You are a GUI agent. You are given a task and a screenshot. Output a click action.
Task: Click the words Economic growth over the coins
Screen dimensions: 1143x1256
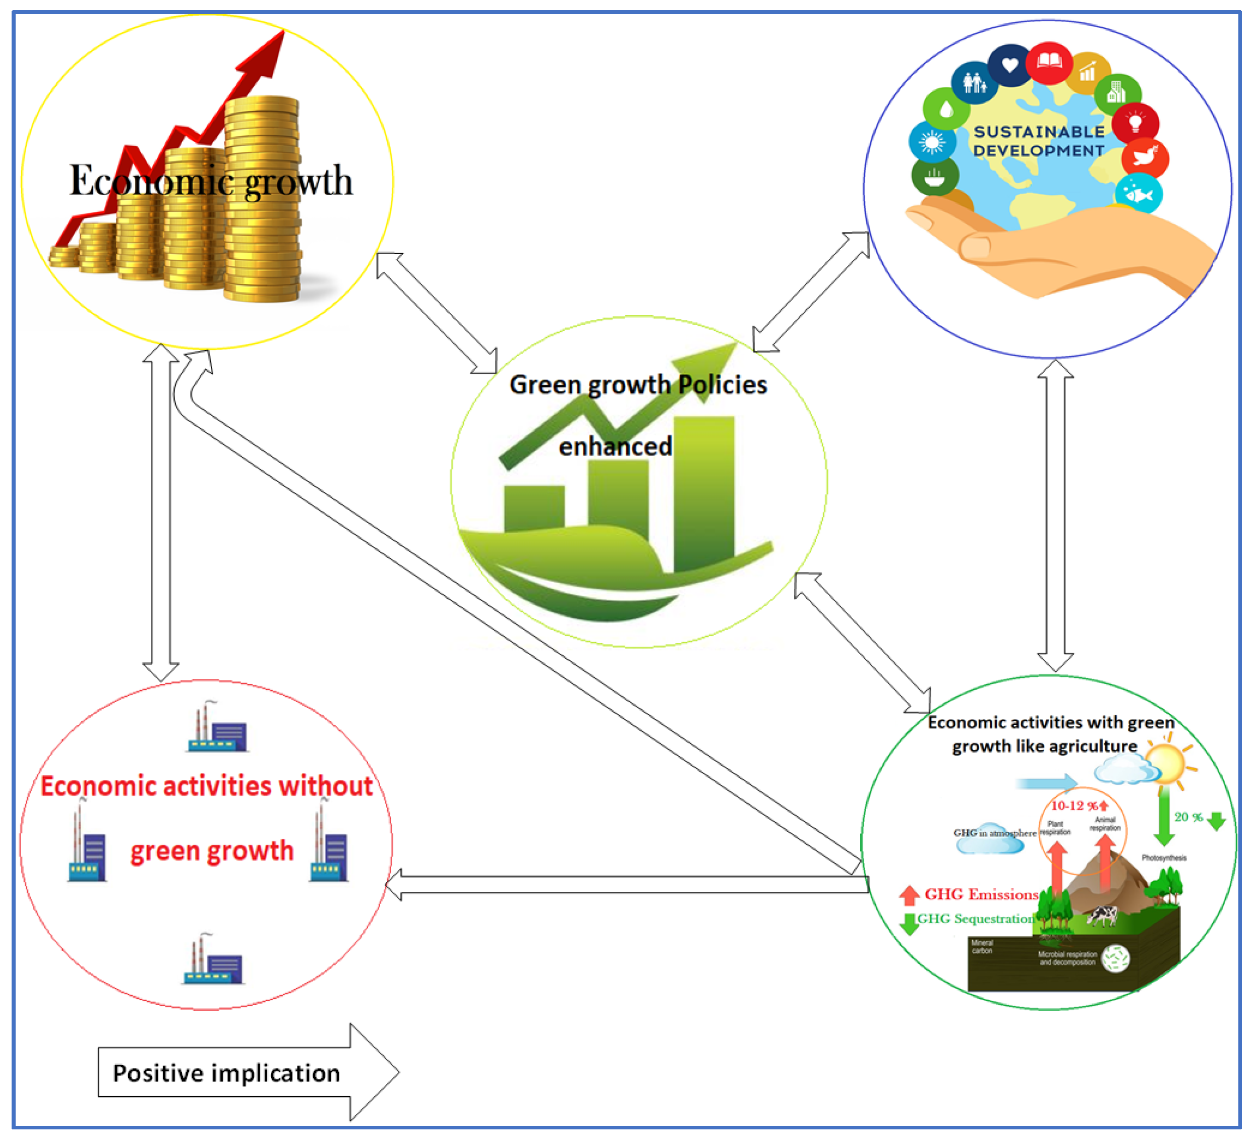click(211, 181)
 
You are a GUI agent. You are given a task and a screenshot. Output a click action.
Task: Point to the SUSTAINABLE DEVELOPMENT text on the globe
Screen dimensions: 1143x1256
click(1039, 141)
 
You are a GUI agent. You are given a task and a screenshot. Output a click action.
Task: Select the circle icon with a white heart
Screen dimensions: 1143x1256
click(1010, 65)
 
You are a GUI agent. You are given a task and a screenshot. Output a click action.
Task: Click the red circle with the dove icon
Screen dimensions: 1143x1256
click(1145, 158)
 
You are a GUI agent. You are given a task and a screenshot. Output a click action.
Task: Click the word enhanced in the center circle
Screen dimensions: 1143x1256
click(615, 446)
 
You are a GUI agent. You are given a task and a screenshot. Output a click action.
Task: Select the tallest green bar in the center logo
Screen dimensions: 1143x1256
click(704, 492)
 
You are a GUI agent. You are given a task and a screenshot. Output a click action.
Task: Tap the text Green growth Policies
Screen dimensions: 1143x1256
click(638, 384)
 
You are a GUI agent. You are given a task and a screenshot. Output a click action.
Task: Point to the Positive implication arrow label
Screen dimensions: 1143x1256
click(226, 1073)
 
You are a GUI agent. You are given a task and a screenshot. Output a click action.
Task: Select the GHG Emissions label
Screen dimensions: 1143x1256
click(981, 894)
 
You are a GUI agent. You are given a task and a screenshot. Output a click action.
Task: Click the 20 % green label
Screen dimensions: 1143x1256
click(1188, 817)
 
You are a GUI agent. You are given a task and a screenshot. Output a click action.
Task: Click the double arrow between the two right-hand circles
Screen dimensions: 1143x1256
click(1055, 516)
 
